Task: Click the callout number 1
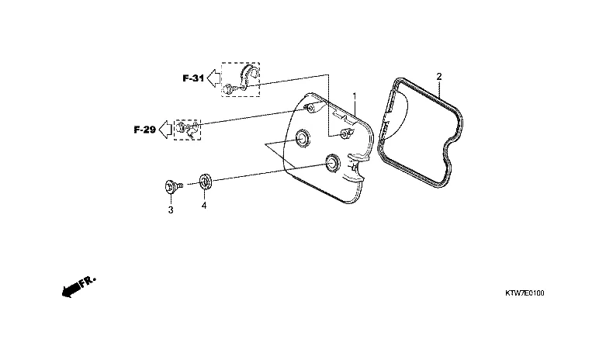coord(355,95)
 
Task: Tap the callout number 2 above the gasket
coord(438,77)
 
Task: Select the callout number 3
coord(171,210)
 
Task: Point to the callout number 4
coord(203,206)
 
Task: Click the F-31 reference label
coord(193,78)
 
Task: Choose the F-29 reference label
coord(145,130)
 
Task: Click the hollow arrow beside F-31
coord(213,78)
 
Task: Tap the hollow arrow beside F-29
coord(166,130)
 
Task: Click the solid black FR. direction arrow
coord(71,289)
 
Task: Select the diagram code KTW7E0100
coord(525,293)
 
